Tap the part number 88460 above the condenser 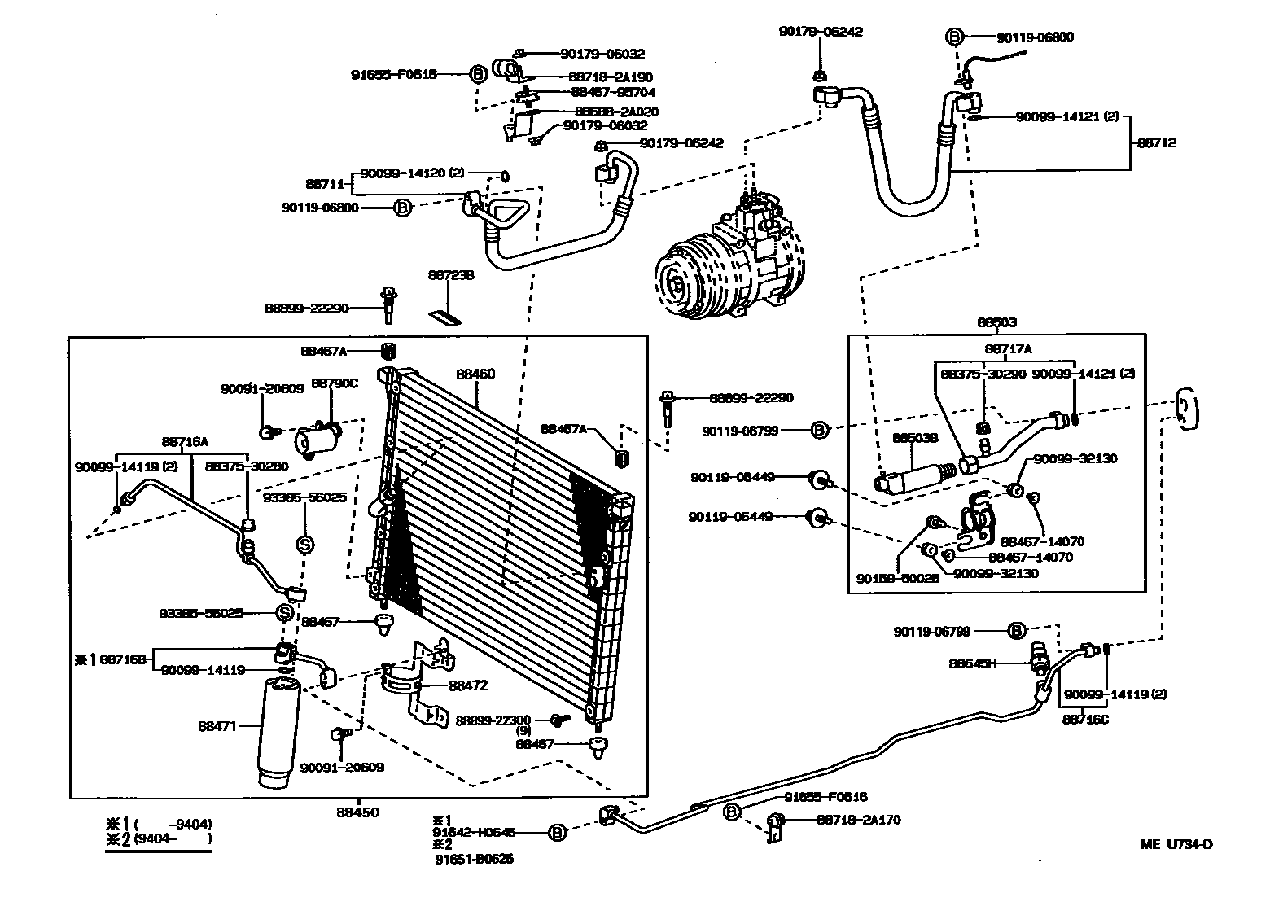click(475, 374)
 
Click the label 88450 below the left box click(358, 812)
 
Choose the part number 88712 click(1156, 143)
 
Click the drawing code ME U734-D click(1176, 844)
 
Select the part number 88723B click(451, 276)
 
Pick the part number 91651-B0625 click(474, 859)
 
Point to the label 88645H click(973, 663)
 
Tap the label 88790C click(335, 383)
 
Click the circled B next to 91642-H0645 click(557, 832)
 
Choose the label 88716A click(185, 442)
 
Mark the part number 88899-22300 click(493, 720)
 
